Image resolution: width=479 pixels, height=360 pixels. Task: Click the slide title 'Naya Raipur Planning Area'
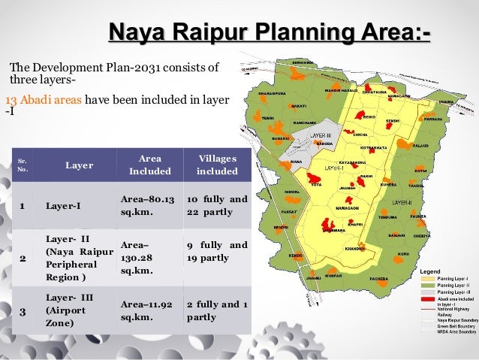point(270,34)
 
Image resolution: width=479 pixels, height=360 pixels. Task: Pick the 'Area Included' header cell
point(145,165)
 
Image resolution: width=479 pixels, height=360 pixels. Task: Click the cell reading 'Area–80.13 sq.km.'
point(147,206)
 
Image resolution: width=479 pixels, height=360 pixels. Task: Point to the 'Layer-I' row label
point(63,206)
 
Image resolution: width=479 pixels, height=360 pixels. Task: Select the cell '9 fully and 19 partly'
point(216,251)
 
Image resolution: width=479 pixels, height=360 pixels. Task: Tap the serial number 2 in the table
point(23,259)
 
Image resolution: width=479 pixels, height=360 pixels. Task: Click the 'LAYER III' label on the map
point(321,136)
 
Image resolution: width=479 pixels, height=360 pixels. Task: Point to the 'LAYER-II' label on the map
point(402,203)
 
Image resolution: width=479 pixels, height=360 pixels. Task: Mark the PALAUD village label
point(420,146)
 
